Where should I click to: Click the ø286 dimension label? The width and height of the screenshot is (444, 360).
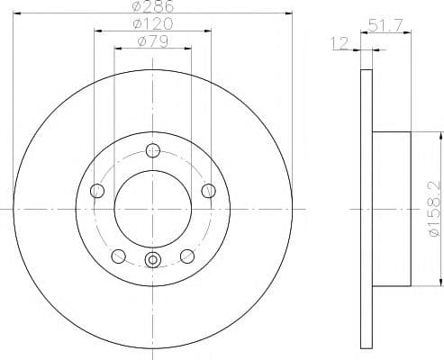coord(153,6)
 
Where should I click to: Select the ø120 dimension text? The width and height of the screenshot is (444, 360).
coord(153,23)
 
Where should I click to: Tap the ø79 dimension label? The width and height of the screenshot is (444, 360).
coord(153,41)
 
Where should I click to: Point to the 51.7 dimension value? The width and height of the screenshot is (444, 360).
coord(385,25)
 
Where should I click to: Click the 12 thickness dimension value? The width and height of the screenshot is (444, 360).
coord(340,43)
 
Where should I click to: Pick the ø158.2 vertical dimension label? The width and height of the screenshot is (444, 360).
coord(436,210)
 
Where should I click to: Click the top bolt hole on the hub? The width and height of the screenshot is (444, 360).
coord(153,150)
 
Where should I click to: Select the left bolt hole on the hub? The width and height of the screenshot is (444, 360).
coord(97,191)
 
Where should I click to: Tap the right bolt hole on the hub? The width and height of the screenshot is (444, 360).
coord(208,191)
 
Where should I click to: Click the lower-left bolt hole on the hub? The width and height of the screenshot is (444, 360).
coord(118,256)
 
